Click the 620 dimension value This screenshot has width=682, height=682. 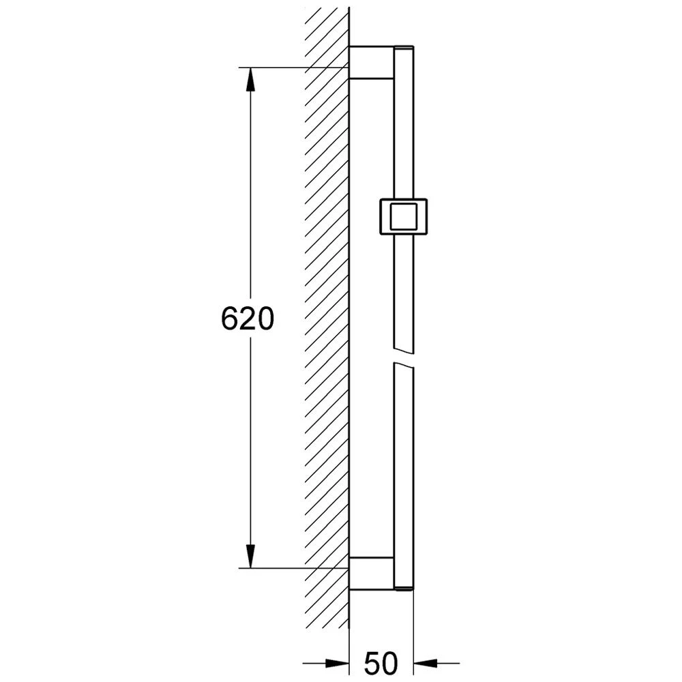pos(248,318)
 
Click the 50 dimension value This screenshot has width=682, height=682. pos(381,663)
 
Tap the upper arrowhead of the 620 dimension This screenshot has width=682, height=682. pos(250,80)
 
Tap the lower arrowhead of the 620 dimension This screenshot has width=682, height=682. pos(250,556)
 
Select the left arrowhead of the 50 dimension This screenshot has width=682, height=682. pos(337,664)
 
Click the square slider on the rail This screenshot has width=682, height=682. pos(404,217)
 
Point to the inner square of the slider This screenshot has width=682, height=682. pos(404,217)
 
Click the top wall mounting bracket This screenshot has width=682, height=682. pos(372,62)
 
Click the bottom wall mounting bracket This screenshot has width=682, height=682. pos(372,573)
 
